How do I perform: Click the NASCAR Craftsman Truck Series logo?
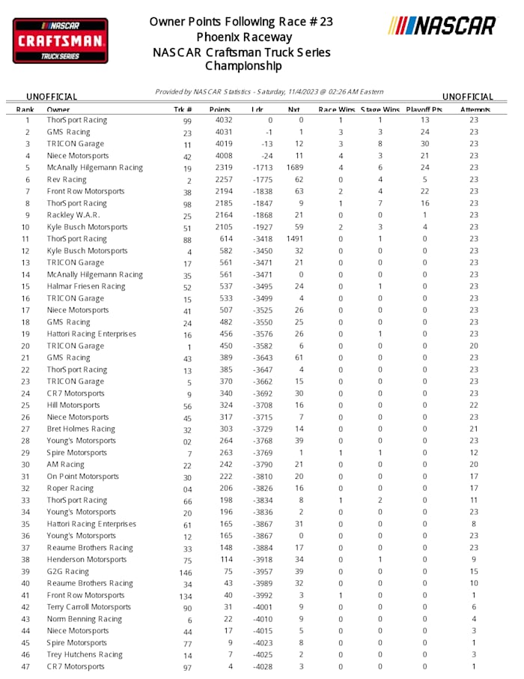[x=60, y=40]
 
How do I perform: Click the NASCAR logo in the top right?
[x=442, y=25]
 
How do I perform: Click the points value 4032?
[x=224, y=120]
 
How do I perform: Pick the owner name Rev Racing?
[x=67, y=180]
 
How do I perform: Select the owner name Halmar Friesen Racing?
[x=86, y=286]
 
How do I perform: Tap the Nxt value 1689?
[x=294, y=168]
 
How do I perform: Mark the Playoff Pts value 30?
[x=425, y=144]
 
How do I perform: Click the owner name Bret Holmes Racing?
[x=81, y=429]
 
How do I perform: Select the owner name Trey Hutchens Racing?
[x=85, y=655]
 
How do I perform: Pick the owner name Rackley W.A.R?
[x=73, y=215]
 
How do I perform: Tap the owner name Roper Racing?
[x=70, y=489]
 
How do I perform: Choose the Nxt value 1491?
[x=294, y=239]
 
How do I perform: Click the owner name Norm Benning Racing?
[x=84, y=619]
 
